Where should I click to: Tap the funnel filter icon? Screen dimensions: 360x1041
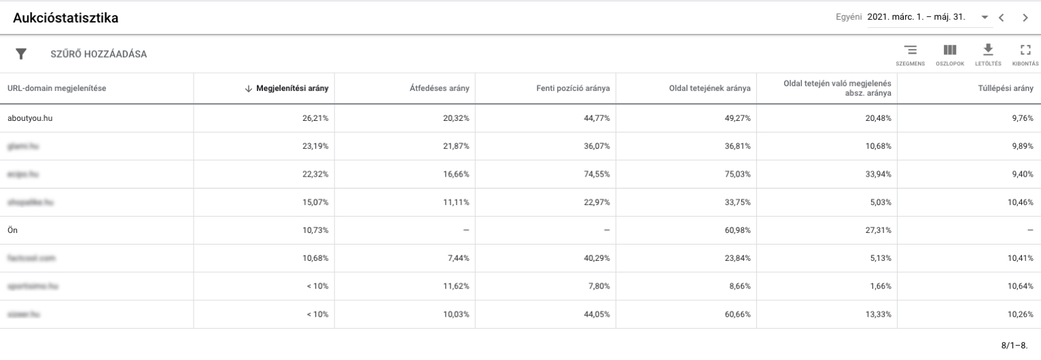(x=21, y=54)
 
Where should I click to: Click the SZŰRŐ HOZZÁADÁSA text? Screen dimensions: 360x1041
(x=99, y=54)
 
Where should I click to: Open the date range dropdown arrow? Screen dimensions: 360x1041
(x=984, y=18)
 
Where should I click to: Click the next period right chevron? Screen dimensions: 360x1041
(x=1025, y=18)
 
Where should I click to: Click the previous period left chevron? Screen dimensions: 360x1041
(x=1001, y=18)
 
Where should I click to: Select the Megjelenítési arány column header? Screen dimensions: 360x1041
(x=292, y=88)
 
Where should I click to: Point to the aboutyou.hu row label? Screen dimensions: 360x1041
(x=30, y=118)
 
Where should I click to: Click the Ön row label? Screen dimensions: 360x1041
(x=12, y=230)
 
